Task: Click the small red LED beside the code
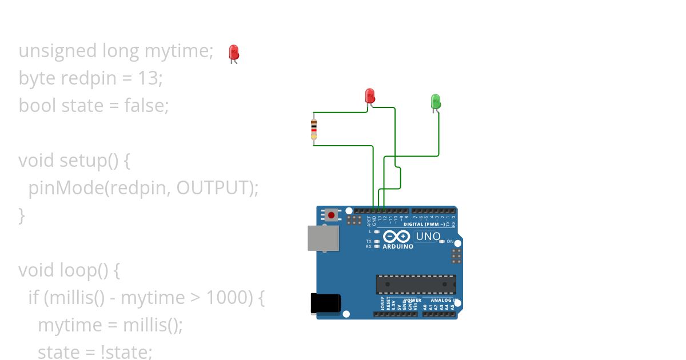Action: point(233,53)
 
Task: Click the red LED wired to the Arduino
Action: point(370,95)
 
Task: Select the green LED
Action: point(436,102)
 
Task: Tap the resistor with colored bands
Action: point(314,129)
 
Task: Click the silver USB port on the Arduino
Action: point(323,238)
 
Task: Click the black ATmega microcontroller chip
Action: point(416,284)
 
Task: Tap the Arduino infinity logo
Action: point(396,237)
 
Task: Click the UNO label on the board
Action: point(428,237)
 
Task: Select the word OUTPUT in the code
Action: point(212,187)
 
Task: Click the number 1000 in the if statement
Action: point(228,297)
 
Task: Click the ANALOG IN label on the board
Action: point(444,300)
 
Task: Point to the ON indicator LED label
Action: point(450,242)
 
